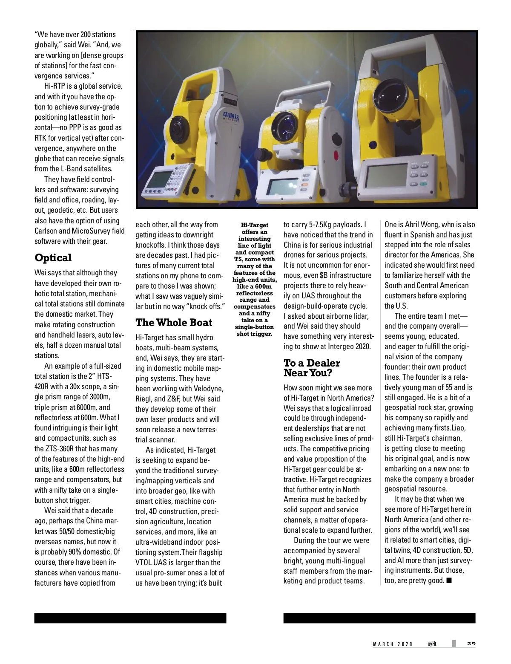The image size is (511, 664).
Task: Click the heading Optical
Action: coord(53,258)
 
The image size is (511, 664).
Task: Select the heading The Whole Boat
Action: coord(174,322)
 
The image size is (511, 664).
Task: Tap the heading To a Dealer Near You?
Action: coord(312,368)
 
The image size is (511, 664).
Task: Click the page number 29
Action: coord(471,644)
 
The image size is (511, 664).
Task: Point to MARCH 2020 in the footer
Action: coord(393,644)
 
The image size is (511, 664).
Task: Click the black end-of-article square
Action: coord(449,580)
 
